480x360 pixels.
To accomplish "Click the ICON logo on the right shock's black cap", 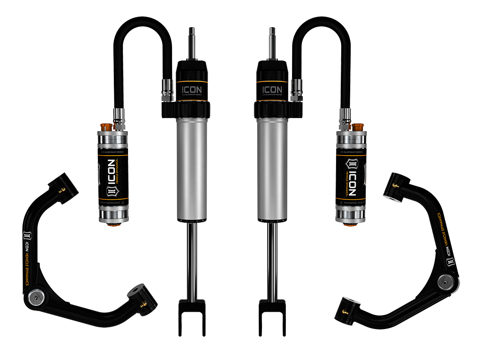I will [272, 89].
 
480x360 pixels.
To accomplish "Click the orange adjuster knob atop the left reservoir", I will [106, 127].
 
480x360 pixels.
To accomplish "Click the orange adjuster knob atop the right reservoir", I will [359, 127].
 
